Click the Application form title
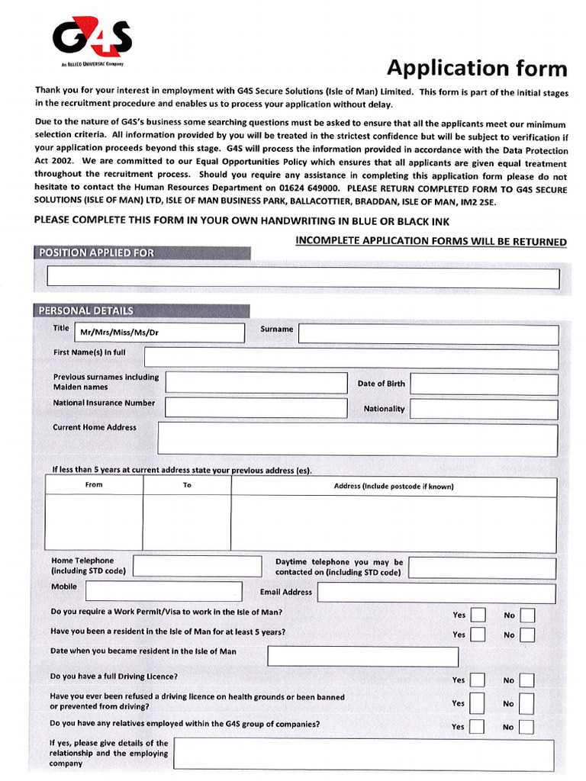pos(477,68)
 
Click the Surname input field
pos(428,334)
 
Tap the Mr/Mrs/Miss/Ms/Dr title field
pos(169,333)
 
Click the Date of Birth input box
pos(484,384)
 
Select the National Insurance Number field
pos(256,407)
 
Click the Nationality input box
pos(484,409)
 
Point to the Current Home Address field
pos(357,440)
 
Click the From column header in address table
pos(94,485)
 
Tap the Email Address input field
pos(436,593)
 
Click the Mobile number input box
pos(163,591)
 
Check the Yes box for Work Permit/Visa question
pos(478,615)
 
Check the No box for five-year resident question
pos(527,635)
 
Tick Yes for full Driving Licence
pos(478,680)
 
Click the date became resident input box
pos(362,657)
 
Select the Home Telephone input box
pos(197,566)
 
